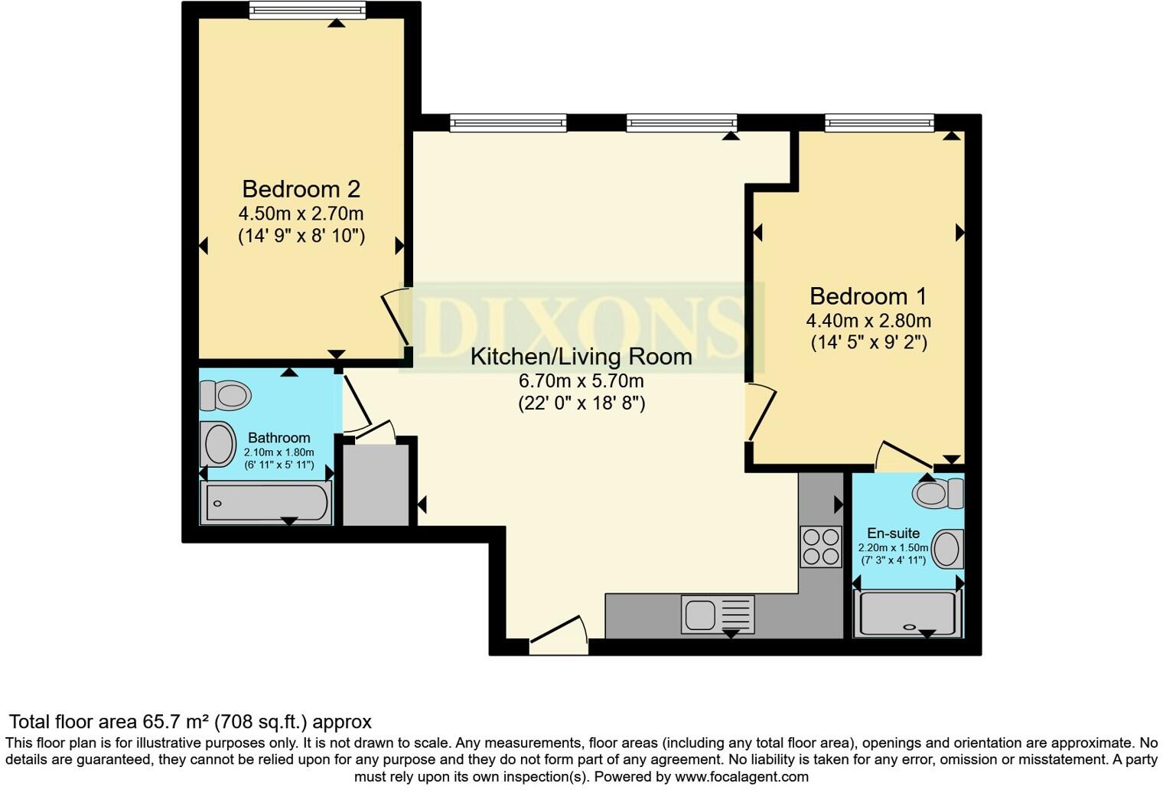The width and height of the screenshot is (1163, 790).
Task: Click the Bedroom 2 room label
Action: tap(301, 189)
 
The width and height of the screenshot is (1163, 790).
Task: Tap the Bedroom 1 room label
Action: tap(868, 296)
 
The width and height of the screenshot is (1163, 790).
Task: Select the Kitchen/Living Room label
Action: tap(581, 357)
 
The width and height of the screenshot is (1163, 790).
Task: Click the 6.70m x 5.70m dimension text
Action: tap(581, 380)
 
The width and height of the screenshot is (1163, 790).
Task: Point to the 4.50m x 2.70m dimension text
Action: tap(301, 214)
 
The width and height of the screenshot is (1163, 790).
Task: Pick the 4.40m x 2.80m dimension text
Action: tap(868, 321)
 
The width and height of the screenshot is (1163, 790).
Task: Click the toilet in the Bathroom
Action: tap(226, 396)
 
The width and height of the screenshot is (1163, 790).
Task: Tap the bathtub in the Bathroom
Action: tap(266, 503)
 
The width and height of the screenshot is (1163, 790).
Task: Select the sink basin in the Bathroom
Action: tap(219, 445)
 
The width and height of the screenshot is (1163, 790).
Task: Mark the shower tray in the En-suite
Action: tap(907, 614)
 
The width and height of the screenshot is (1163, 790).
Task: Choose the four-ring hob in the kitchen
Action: tap(820, 547)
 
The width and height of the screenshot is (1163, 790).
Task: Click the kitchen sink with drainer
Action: tap(717, 614)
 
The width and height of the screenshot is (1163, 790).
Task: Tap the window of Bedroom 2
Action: tap(307, 10)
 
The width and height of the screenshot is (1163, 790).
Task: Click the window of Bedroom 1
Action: tap(879, 122)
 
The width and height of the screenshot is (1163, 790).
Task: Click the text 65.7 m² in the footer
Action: tap(175, 722)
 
